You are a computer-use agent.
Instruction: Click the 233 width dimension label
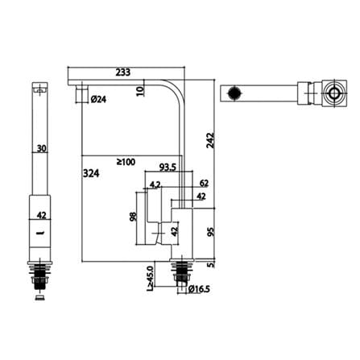tap(123, 72)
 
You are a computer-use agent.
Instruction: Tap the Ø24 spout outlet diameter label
tap(98, 100)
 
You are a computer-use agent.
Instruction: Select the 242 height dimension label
tap(211, 140)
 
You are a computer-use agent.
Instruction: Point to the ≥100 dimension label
tap(126, 162)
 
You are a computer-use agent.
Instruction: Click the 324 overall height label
tap(91, 173)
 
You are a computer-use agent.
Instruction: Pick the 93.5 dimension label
tap(168, 168)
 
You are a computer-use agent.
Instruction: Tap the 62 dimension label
tap(204, 183)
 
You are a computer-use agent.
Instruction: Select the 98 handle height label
tap(133, 217)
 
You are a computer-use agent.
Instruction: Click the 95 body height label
tap(211, 231)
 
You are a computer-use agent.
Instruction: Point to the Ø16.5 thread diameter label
tap(199, 289)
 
